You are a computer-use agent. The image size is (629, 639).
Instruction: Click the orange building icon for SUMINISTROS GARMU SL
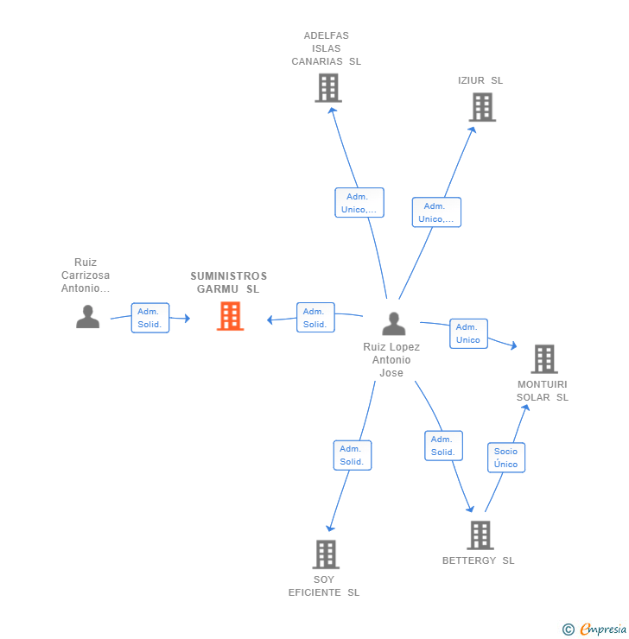[x=231, y=316]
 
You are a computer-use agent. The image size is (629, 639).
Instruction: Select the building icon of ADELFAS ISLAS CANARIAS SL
[x=328, y=88]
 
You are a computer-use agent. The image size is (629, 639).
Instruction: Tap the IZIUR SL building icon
[x=482, y=107]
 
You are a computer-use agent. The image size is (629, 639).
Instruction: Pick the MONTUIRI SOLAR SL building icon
[x=544, y=359]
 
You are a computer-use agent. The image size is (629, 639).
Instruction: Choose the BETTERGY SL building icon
[x=480, y=535]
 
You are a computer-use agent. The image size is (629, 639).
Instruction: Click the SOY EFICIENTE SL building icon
[x=326, y=554]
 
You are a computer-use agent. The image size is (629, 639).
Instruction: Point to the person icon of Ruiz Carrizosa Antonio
[x=87, y=317]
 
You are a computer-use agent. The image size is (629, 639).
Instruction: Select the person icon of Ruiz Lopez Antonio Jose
[x=394, y=324]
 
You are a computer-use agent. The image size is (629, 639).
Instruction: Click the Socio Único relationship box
[x=506, y=458]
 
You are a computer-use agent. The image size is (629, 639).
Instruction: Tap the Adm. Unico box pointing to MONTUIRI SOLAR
[x=468, y=334]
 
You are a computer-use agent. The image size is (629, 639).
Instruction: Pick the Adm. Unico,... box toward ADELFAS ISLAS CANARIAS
[x=359, y=203]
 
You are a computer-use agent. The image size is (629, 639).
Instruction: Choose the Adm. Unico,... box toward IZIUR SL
[x=436, y=212]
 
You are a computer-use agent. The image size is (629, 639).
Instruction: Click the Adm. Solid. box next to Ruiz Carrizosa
[x=150, y=318]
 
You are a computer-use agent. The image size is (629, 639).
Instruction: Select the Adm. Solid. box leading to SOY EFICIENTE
[x=353, y=455]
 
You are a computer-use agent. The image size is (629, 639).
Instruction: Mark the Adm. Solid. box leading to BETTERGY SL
[x=443, y=446]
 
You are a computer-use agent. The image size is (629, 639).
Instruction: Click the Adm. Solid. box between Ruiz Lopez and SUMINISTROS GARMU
[x=315, y=318]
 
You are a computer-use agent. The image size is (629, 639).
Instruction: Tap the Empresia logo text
[x=603, y=629]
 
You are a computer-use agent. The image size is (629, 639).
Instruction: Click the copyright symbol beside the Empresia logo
[x=569, y=630]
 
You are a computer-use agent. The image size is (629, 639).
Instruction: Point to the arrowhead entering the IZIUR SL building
[x=473, y=130]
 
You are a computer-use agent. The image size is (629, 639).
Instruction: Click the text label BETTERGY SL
[x=478, y=560]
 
